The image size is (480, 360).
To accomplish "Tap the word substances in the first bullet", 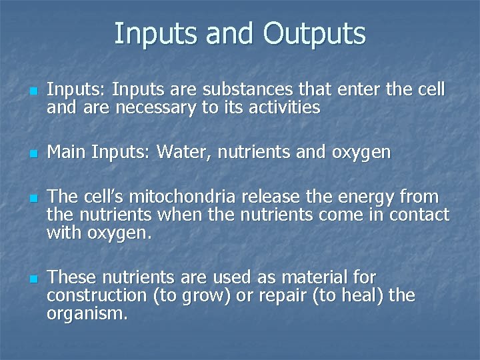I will (x=240, y=90).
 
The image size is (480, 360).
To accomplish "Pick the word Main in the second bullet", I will (x=67, y=153).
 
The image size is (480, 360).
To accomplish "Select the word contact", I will (x=419, y=215).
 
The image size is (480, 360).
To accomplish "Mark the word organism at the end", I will (x=85, y=313).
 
